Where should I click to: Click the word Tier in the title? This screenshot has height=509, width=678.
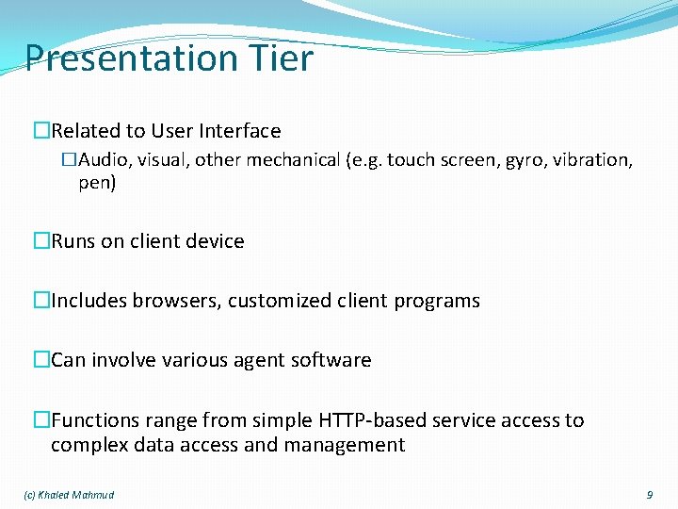click(x=280, y=58)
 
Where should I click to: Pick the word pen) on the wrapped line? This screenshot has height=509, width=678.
click(x=97, y=183)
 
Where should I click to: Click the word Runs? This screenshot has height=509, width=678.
click(x=73, y=241)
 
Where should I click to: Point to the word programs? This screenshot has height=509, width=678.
click(x=437, y=302)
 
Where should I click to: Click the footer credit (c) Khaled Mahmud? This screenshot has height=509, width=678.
click(x=68, y=495)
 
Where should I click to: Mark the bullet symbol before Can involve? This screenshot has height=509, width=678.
click(x=40, y=360)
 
